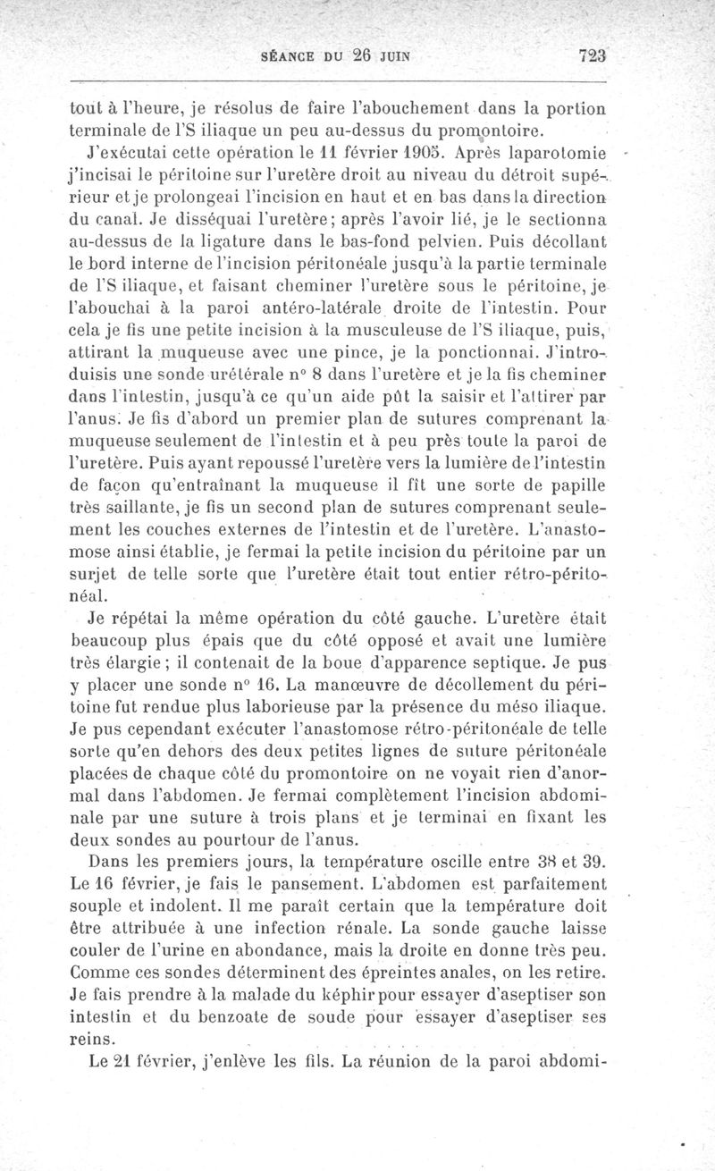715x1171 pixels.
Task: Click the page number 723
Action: pyautogui.click(x=593, y=55)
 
